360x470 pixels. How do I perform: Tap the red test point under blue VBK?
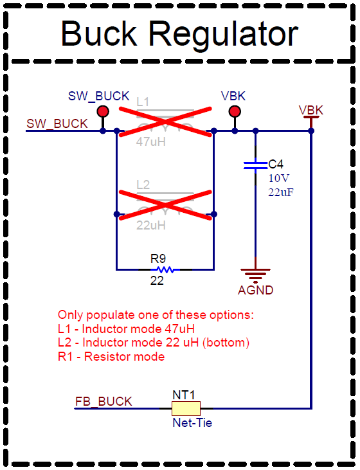(235, 112)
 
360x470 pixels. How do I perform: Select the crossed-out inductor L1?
(165, 122)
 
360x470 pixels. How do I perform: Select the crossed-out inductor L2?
(165, 206)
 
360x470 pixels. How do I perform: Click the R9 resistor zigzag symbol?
(165, 269)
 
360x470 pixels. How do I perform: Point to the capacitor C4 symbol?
(255, 165)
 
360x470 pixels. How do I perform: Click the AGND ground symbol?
(255, 273)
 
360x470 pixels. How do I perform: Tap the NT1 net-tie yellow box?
(186, 408)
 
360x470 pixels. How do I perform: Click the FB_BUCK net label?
(104, 402)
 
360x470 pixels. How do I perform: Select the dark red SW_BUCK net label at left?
(57, 124)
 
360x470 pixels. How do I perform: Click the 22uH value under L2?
(151, 226)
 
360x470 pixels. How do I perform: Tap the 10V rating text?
(278, 178)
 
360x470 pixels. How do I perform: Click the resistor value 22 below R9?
(157, 281)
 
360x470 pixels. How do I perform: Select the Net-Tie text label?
(192, 423)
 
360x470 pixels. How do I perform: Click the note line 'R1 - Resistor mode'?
(111, 356)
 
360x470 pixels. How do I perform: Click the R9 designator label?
(158, 258)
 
